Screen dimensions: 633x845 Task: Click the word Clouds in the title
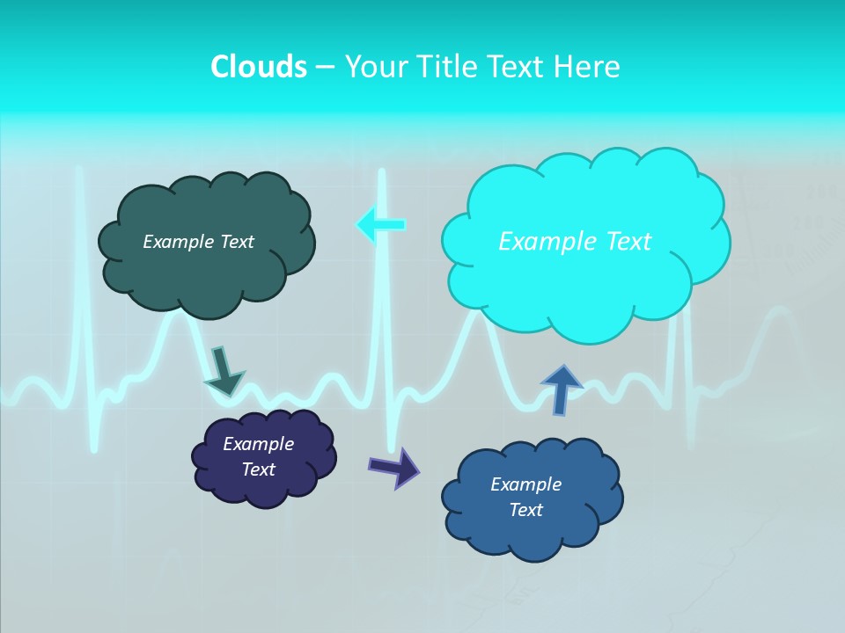(258, 66)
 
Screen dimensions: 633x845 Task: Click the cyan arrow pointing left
(380, 225)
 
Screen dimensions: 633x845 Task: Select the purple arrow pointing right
(394, 467)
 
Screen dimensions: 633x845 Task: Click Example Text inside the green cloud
(198, 241)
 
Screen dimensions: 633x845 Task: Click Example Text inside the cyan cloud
(575, 241)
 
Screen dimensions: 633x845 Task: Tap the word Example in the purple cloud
(258, 444)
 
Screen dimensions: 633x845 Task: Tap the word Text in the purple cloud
(258, 469)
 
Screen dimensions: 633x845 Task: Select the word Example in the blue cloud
(525, 484)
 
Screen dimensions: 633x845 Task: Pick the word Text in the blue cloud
(525, 510)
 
